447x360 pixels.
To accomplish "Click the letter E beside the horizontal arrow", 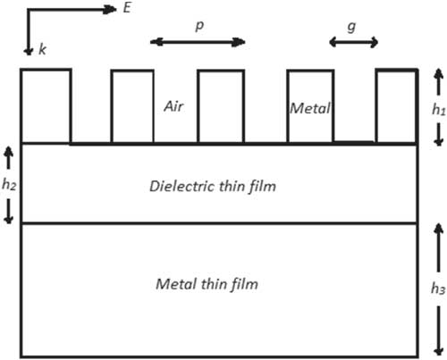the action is [127, 8].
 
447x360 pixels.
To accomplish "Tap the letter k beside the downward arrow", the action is [42, 49].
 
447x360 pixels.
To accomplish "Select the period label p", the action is [199, 26].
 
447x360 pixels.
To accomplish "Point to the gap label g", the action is [351, 27].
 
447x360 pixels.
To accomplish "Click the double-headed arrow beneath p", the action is [198, 42].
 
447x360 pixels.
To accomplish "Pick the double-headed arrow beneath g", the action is [354, 42].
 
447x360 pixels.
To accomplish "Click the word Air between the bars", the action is [173, 106].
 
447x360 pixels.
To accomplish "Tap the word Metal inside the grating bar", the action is [310, 108].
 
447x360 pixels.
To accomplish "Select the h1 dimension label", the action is [439, 109].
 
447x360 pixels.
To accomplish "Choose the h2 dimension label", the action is [9, 184].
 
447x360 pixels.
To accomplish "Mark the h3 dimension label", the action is [438, 289].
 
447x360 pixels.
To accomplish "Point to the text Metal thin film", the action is [207, 284].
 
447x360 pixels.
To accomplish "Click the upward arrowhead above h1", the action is [438, 73].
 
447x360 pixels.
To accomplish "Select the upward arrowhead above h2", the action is [9, 152].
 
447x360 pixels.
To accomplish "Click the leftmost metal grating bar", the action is [46, 106].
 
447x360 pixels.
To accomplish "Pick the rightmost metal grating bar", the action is [397, 106].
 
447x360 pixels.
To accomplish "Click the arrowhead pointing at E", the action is [109, 10].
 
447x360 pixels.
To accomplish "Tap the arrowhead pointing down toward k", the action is [29, 51].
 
